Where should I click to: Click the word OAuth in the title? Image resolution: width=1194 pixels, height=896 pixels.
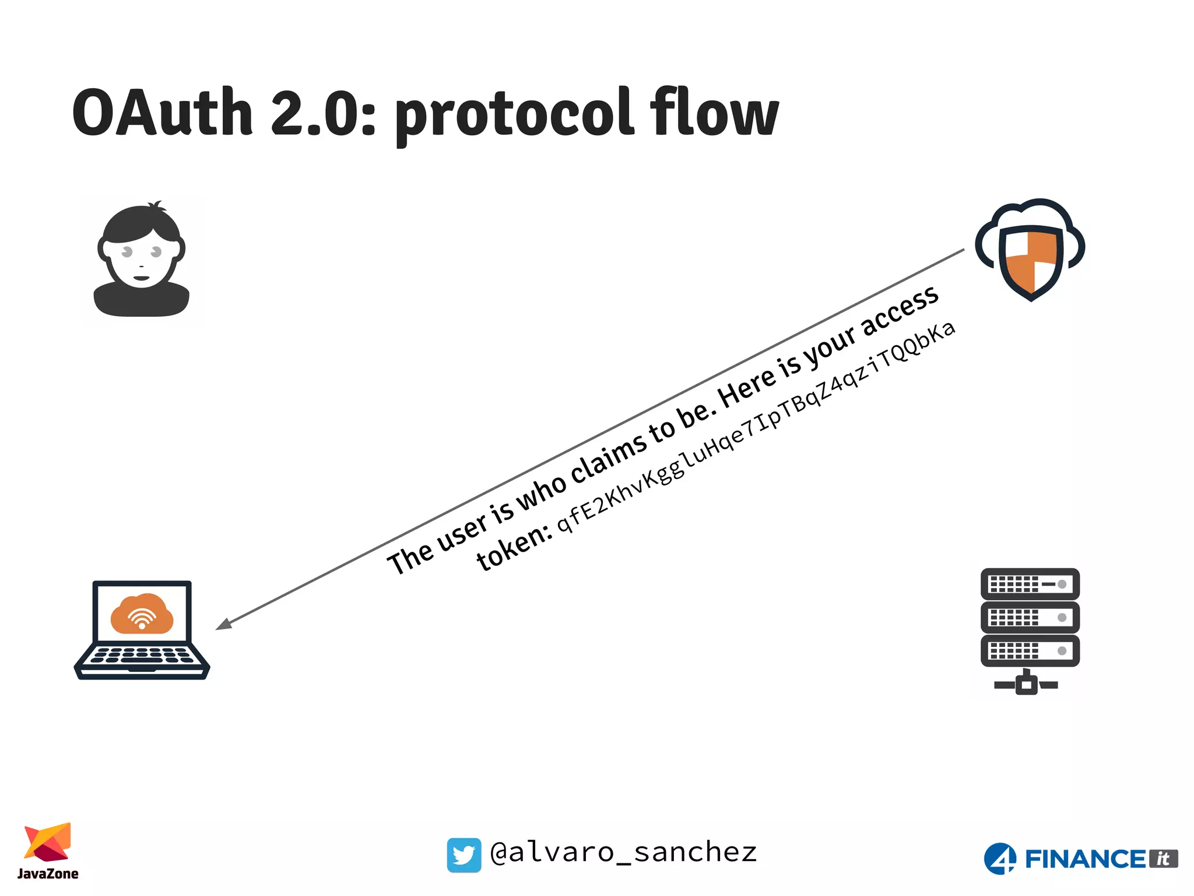point(162,113)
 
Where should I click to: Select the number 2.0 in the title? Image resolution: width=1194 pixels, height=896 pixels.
point(322,113)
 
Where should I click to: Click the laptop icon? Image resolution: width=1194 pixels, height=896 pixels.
point(142,630)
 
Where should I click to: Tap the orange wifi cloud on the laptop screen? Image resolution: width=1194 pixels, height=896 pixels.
point(142,614)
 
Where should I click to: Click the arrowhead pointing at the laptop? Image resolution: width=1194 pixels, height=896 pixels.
point(224,624)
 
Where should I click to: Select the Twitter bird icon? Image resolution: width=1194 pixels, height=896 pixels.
point(464,855)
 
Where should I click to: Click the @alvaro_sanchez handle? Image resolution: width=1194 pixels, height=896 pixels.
point(623,853)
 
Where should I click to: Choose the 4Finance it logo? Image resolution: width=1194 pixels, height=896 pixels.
point(1080,859)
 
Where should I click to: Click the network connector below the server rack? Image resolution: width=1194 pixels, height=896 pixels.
point(1026,683)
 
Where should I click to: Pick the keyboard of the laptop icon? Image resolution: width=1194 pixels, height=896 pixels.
point(142,656)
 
